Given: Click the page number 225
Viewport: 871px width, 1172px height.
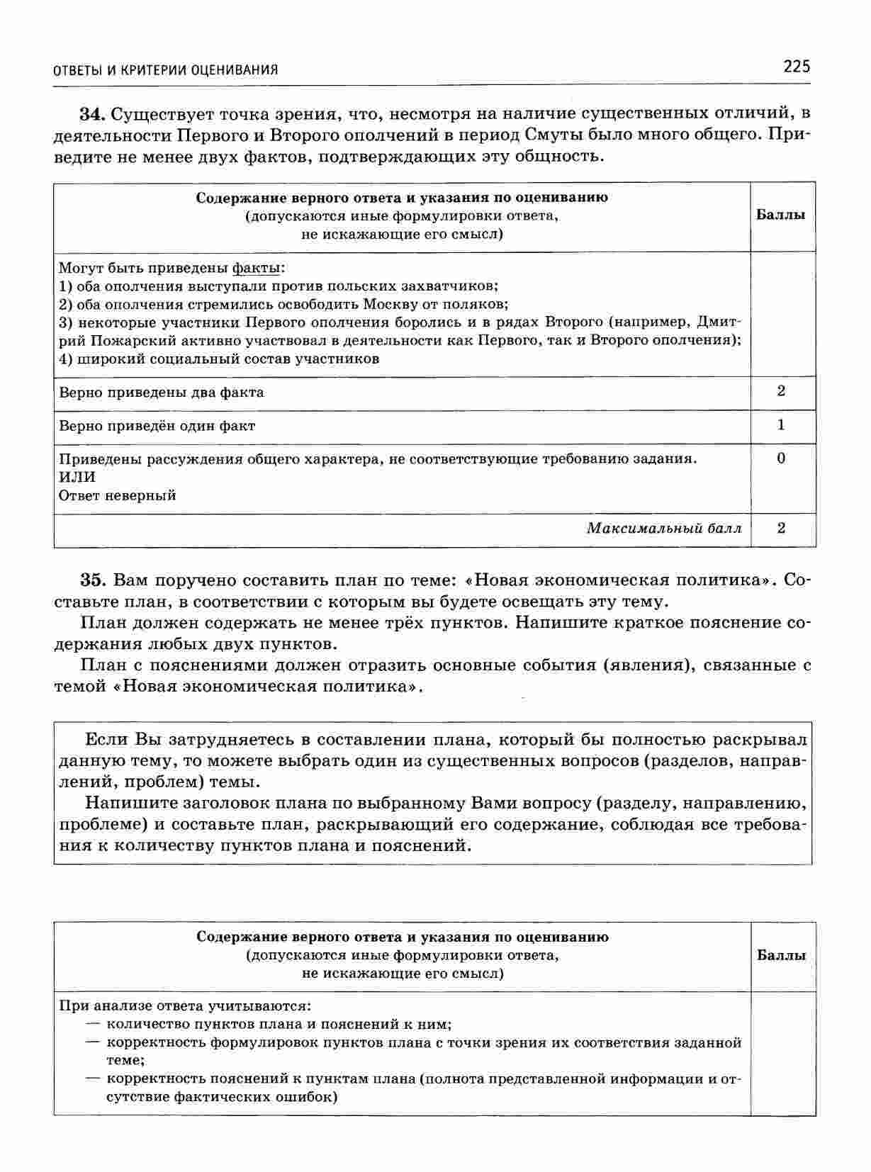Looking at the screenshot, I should tap(796, 67).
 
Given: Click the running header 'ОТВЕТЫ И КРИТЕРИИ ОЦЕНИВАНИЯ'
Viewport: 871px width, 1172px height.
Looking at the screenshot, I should tap(166, 69).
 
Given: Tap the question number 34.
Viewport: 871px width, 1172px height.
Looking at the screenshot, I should tap(92, 114).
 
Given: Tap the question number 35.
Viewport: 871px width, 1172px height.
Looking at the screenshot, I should tap(92, 580).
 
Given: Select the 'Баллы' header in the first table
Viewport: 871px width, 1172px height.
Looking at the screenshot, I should tap(781, 215).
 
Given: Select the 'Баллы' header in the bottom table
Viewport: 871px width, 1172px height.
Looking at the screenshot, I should tap(782, 955).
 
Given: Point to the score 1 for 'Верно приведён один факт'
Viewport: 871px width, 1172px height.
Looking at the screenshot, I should tap(781, 425).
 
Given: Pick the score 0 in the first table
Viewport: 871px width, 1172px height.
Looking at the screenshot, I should tap(781, 458).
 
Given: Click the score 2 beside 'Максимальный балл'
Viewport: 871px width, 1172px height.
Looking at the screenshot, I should tap(781, 528).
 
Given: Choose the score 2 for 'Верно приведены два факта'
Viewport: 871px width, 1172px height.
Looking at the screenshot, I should tap(781, 391).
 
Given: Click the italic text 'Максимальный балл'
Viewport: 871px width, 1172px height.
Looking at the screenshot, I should tap(664, 529).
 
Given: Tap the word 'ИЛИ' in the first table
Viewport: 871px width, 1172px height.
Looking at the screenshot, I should tap(77, 478).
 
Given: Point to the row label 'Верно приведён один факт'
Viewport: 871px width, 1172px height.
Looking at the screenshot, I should tap(157, 427).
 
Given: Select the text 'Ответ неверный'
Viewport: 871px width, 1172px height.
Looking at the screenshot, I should tap(118, 496).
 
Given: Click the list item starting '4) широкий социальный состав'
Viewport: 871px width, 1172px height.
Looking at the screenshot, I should tap(219, 359).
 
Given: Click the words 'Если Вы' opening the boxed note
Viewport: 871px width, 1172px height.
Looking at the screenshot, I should tap(116, 740).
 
